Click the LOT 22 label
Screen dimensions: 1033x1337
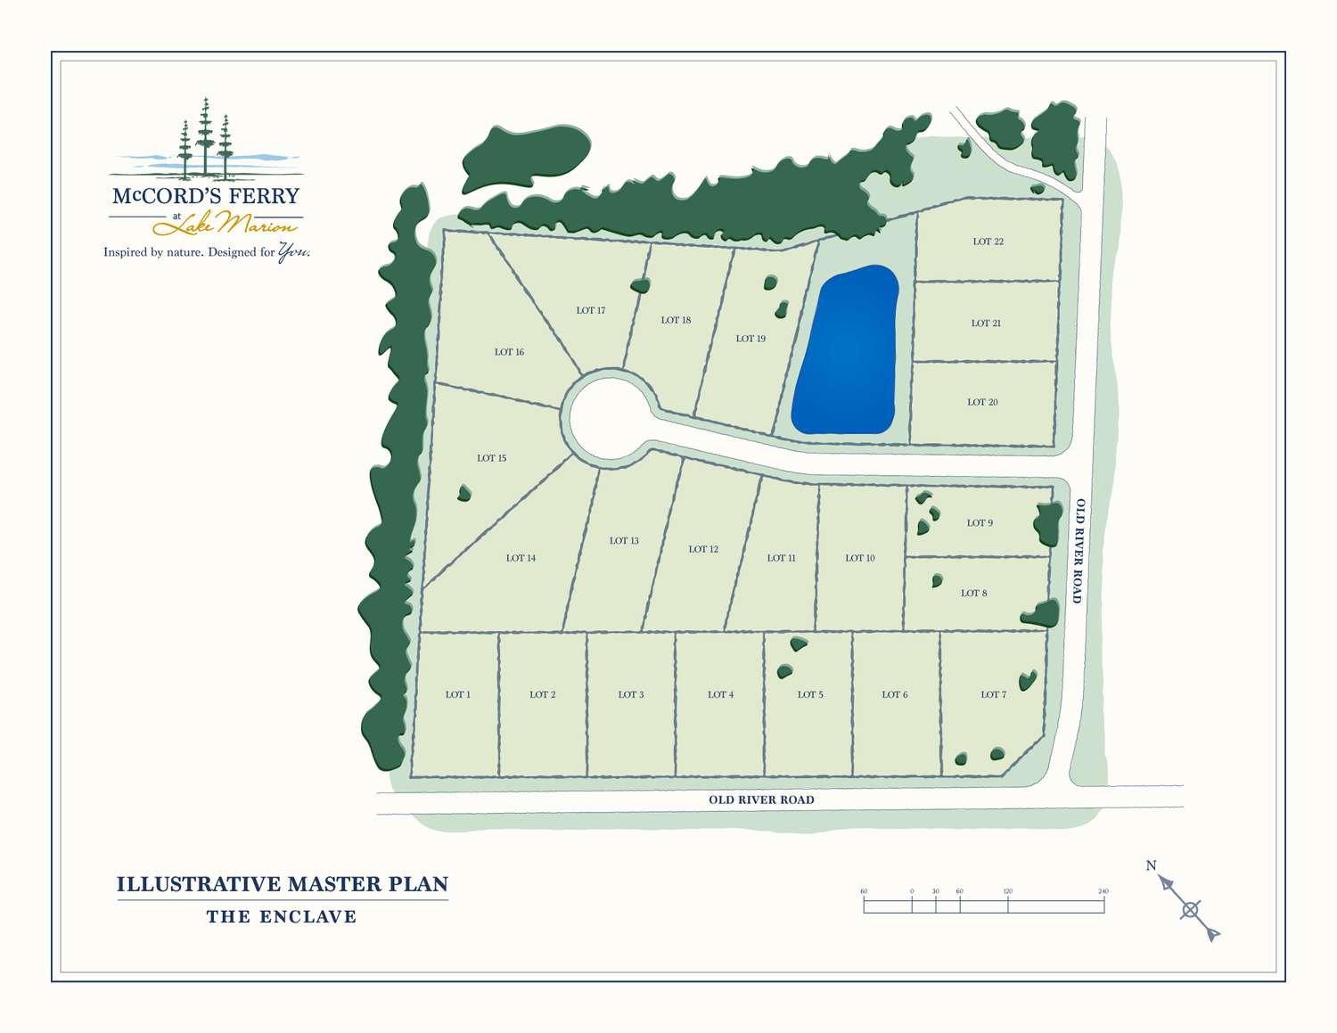(988, 242)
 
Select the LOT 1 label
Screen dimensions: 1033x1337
(457, 694)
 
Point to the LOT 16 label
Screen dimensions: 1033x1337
(509, 352)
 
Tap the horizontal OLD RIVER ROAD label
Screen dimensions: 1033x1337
(761, 799)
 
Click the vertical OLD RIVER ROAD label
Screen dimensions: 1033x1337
(1079, 551)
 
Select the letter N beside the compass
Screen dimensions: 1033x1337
(1151, 865)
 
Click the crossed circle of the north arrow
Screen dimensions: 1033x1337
(1190, 910)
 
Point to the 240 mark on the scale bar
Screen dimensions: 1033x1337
(1103, 892)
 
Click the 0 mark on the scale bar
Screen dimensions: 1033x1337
(912, 892)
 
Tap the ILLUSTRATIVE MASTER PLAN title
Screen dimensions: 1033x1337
(282, 884)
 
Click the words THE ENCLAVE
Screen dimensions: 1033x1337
(282, 917)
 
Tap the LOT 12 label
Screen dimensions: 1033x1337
(703, 549)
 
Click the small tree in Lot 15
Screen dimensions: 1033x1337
(463, 493)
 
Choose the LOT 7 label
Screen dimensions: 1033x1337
(993, 694)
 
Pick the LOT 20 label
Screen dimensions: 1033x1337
(982, 402)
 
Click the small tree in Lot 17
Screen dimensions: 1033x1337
(639, 286)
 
